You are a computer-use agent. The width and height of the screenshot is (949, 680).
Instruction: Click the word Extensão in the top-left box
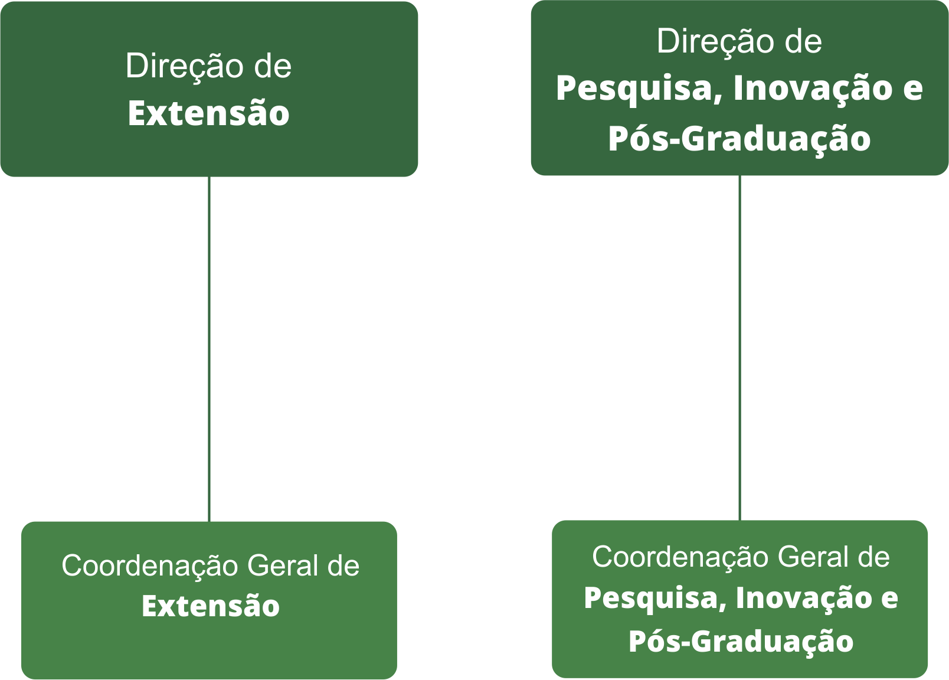[x=208, y=113]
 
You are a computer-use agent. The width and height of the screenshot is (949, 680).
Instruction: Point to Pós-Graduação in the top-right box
[x=739, y=139]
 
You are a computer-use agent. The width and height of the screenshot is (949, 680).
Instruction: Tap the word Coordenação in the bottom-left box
[x=150, y=566]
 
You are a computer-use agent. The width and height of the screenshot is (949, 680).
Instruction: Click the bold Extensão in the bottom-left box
[x=210, y=606]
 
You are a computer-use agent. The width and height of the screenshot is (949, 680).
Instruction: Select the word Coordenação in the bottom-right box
[x=680, y=557]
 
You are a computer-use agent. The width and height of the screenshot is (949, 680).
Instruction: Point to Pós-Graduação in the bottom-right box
[x=740, y=642]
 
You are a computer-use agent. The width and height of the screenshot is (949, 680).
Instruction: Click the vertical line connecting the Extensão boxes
[x=209, y=348]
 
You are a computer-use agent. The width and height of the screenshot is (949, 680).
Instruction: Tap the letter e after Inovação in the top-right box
[x=912, y=89]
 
